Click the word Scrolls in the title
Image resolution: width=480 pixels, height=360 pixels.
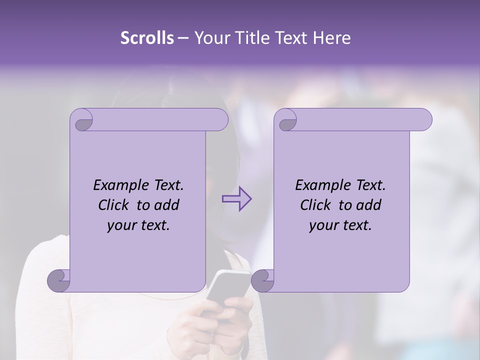[x=147, y=38]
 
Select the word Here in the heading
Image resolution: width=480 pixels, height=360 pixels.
[x=332, y=38]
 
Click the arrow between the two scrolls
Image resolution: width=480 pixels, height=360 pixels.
[x=236, y=198]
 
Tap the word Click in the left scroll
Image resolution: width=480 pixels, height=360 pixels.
[x=109, y=205]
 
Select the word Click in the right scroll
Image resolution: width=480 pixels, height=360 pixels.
[x=311, y=205]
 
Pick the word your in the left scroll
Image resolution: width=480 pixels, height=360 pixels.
[x=120, y=225]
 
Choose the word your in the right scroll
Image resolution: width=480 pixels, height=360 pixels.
[x=322, y=225]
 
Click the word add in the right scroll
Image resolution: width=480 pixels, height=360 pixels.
[x=368, y=205]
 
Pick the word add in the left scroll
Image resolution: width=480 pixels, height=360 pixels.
[x=166, y=205]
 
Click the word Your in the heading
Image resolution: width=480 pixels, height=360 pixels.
[x=208, y=38]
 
